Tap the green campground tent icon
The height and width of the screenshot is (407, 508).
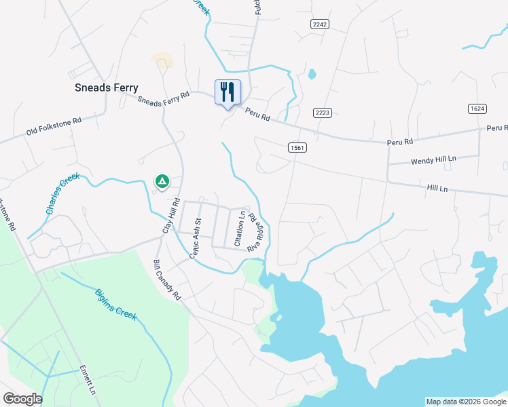162,181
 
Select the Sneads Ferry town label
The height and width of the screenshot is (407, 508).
106,88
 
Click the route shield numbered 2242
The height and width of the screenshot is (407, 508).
320,24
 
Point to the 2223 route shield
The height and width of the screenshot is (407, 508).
323,113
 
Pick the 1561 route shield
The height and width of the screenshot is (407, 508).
296,147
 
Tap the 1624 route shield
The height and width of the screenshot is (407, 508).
477,109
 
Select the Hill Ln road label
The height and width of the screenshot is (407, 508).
437,187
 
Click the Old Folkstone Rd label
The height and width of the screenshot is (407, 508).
54,125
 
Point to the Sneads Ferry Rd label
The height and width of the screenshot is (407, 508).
163,99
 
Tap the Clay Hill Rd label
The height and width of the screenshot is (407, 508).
169,216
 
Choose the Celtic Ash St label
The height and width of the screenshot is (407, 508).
196,237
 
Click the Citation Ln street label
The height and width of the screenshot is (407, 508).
240,229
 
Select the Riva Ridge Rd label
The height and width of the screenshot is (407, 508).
255,233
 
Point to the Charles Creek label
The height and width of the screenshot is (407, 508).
63,194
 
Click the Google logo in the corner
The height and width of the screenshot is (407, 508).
22,399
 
